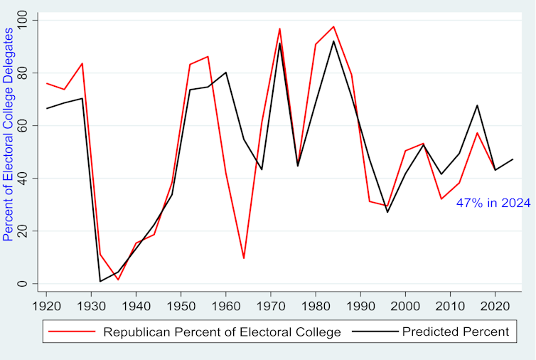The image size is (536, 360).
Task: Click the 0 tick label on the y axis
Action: [x=26, y=284]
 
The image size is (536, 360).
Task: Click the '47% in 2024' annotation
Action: [x=493, y=203]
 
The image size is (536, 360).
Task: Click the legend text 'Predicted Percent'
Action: [x=455, y=332]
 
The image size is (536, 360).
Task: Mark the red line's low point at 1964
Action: [x=244, y=258]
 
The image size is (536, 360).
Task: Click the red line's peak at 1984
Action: [x=333, y=26]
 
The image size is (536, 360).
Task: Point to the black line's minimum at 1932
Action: [x=100, y=281]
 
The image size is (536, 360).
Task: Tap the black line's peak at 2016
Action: [x=478, y=105]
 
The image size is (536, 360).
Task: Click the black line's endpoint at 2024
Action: [x=513, y=159]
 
